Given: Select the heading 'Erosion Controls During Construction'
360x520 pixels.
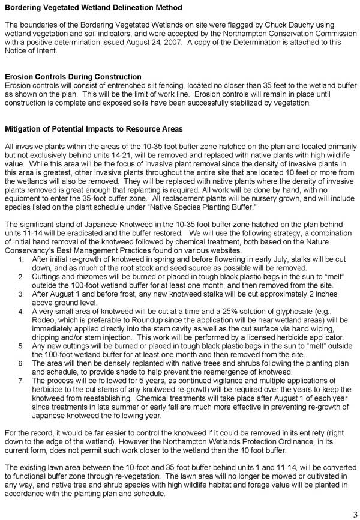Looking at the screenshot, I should [73, 77].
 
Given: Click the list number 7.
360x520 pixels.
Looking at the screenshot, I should [20, 381].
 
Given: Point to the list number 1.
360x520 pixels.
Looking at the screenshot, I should [20, 276].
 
